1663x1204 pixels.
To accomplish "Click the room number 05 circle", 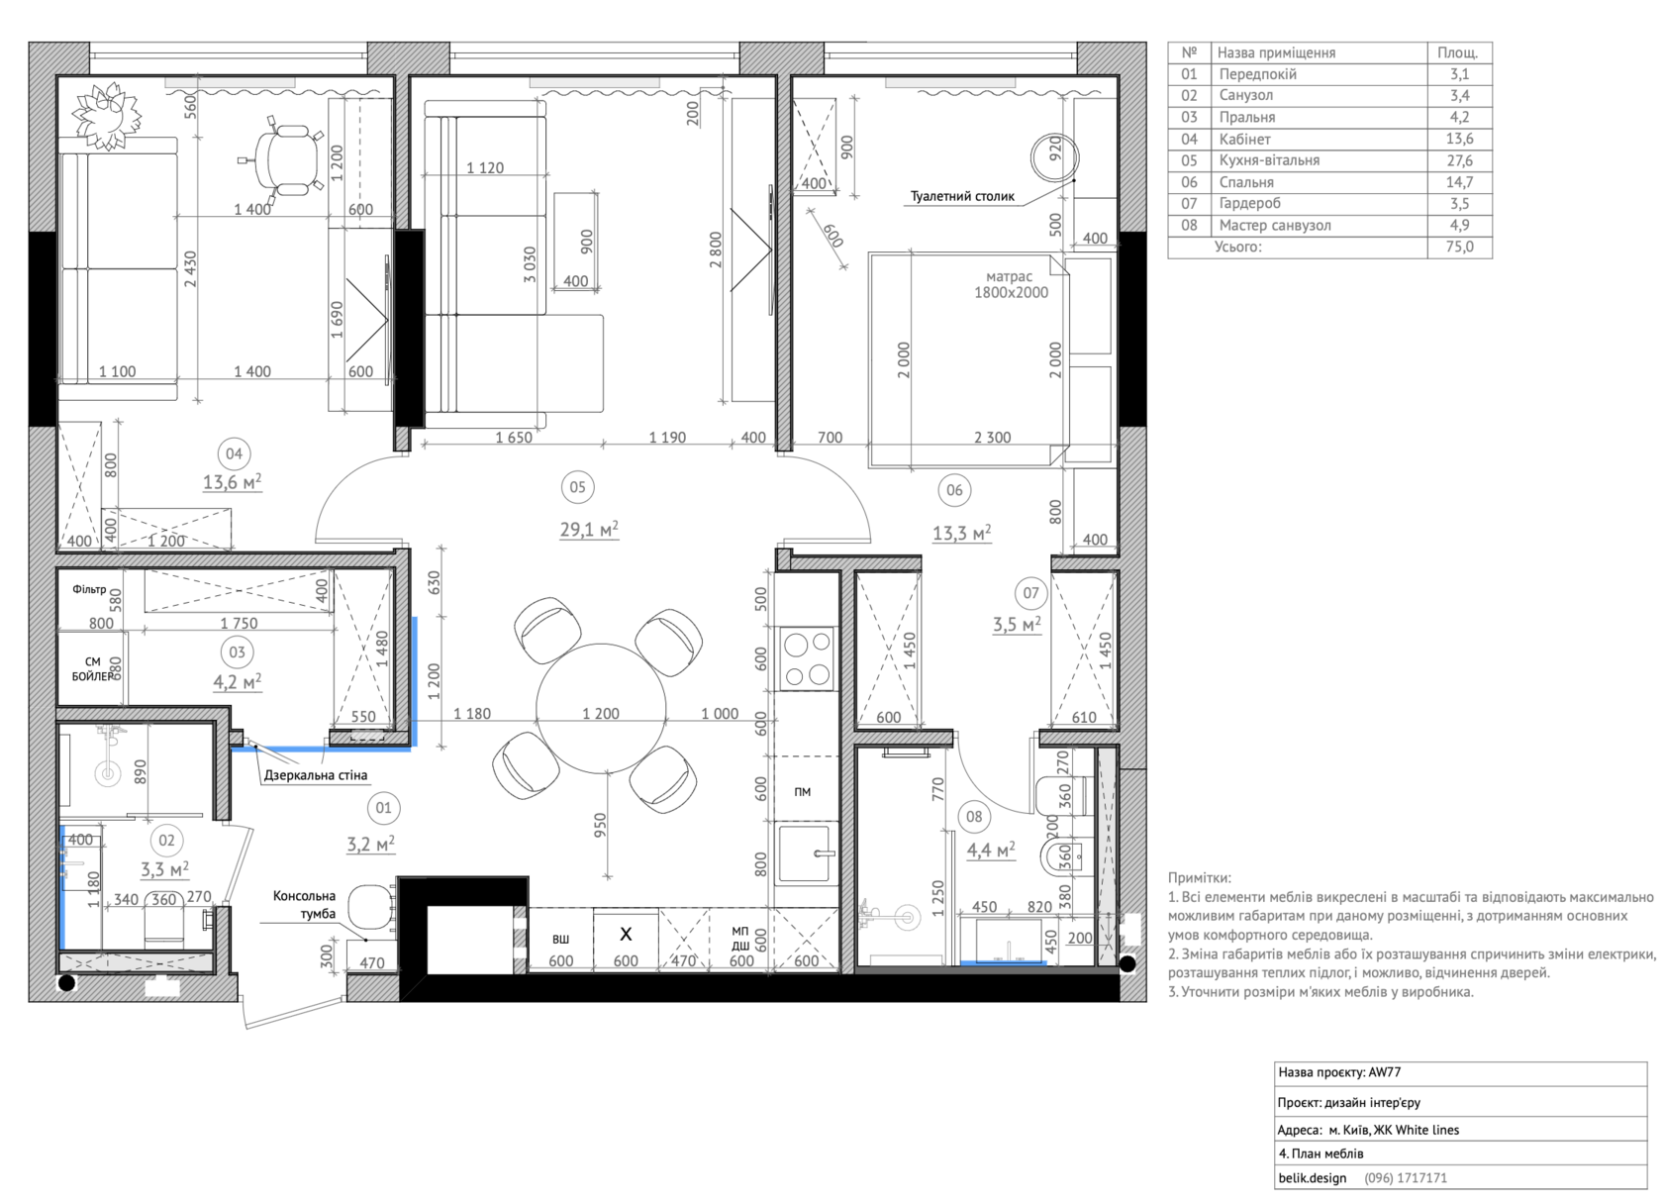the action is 577,487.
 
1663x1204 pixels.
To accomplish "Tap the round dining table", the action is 602,708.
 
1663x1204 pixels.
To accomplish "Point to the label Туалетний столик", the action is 962,197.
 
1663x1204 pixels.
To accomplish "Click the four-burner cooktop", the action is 807,657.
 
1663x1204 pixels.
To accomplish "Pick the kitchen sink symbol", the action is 805,853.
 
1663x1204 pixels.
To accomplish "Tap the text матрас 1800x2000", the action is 1012,284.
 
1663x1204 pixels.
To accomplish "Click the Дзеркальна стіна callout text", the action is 316,775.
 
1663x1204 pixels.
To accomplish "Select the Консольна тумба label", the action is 305,905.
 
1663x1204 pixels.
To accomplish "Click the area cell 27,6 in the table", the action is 1459,160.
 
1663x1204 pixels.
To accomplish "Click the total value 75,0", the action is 1459,247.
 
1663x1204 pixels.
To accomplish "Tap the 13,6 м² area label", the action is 233,482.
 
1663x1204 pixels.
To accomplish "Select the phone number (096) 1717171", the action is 1406,1178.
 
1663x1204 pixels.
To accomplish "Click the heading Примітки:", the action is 1199,878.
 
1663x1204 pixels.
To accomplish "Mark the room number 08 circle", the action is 973,817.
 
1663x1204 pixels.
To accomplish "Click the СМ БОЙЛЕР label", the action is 93,668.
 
